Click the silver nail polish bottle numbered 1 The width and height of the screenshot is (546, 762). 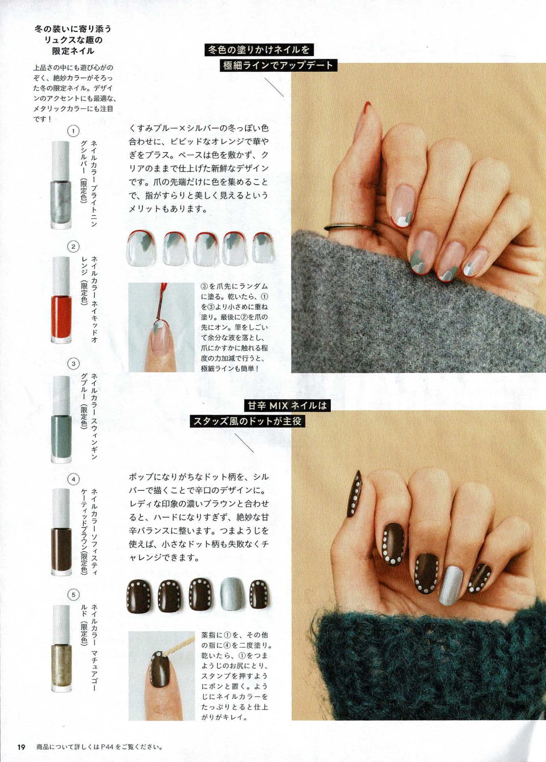(x=61, y=185)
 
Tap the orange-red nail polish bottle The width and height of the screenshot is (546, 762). (x=61, y=300)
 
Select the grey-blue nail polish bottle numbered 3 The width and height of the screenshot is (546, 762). (x=61, y=419)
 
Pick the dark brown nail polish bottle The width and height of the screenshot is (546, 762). (x=61, y=532)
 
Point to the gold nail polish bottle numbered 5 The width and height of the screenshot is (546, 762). (x=61, y=648)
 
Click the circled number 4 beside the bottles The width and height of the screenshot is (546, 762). (x=73, y=479)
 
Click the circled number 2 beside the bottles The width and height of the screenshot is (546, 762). (x=73, y=246)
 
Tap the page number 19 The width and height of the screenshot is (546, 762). (x=21, y=747)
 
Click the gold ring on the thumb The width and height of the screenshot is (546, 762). (x=350, y=227)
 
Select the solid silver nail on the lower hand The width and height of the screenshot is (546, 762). (x=451, y=585)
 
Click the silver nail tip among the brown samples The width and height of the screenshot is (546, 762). (x=232, y=594)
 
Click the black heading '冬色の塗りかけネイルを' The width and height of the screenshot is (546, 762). (x=259, y=50)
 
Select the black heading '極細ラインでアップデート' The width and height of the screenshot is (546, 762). (x=278, y=65)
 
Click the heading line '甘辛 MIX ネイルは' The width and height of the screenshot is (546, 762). (x=287, y=406)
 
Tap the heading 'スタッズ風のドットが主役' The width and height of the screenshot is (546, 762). (x=247, y=421)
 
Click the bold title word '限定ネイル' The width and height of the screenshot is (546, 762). (x=73, y=51)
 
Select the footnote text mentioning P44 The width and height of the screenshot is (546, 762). (x=100, y=747)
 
